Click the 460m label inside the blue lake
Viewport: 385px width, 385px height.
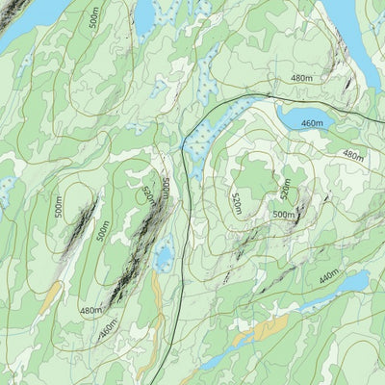coord(312,124)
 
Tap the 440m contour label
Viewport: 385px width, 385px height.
coord(329,275)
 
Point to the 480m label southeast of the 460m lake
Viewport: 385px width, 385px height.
coord(353,155)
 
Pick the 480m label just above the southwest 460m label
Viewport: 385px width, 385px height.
coord(91,310)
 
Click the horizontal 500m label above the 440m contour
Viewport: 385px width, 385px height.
coord(284,215)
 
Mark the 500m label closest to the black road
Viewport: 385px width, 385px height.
coord(166,188)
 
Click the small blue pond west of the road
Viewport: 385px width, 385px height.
coord(165,257)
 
